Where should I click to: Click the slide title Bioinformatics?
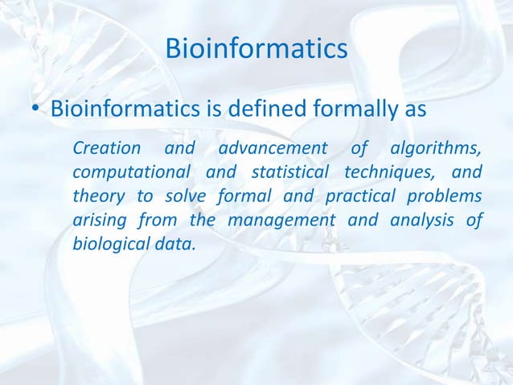pos(256,49)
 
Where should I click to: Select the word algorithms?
pos(435,149)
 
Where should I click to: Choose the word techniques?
pos(390,173)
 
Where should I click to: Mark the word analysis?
pos(420,221)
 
